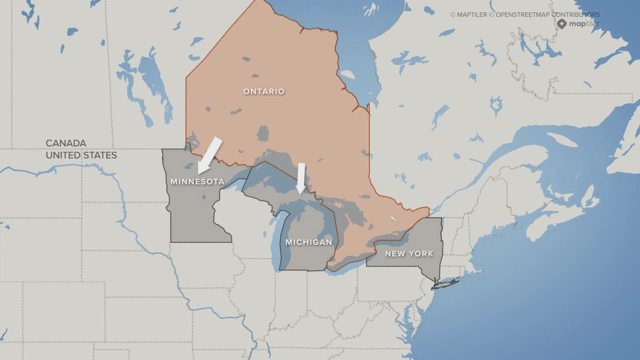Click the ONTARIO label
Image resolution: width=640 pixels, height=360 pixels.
264,91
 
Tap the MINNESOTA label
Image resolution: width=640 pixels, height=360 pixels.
197,182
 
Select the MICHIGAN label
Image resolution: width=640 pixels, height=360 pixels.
309,242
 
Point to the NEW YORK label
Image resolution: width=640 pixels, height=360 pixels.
409,254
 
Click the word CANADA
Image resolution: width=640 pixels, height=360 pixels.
66,143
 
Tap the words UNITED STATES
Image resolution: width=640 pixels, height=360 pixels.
81,155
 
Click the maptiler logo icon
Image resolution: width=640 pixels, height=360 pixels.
562,24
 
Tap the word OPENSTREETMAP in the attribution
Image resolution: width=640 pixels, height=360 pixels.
522,15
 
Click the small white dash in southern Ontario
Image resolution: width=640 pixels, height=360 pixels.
394,219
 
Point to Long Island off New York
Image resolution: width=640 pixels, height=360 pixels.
447,284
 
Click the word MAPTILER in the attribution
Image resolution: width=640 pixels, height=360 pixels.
472,15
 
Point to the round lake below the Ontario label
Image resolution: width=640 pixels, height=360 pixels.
263,133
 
